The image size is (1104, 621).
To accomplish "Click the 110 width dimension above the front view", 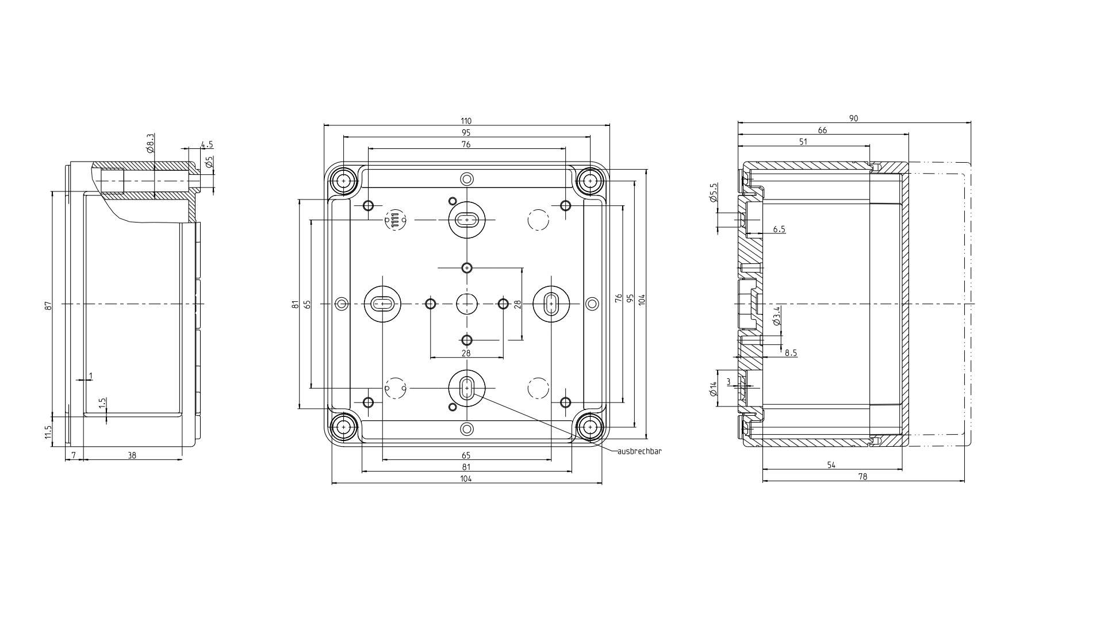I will pos(466,121).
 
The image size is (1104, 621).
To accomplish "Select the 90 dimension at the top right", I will pos(853,118).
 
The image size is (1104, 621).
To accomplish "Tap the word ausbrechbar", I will pos(639,451).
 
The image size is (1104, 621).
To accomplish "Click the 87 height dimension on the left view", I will pos(48,306).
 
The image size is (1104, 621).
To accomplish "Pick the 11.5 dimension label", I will pos(48,431).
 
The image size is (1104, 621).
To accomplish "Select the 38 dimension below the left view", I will pos(132,455).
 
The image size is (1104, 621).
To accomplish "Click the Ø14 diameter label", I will pos(714,389).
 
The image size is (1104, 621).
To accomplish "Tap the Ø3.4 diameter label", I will pos(776,316).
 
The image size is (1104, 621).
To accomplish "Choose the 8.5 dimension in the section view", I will pos(791,353).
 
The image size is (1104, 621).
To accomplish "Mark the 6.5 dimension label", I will pos(779,229).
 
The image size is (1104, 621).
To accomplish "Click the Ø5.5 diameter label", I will pos(714,193).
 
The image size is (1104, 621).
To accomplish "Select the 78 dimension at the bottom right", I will pos(862,476).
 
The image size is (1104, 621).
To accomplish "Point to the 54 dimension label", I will pos(831,465).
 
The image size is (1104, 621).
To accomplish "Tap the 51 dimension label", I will pos(803,141).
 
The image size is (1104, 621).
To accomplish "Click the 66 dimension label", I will pos(822,131).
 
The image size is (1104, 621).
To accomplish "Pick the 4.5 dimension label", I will pos(208,144).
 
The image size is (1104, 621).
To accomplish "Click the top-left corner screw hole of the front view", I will pos(343,180).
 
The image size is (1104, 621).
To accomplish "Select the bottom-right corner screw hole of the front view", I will pos(589,427).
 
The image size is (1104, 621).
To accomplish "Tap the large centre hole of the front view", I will pos(466,303).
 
